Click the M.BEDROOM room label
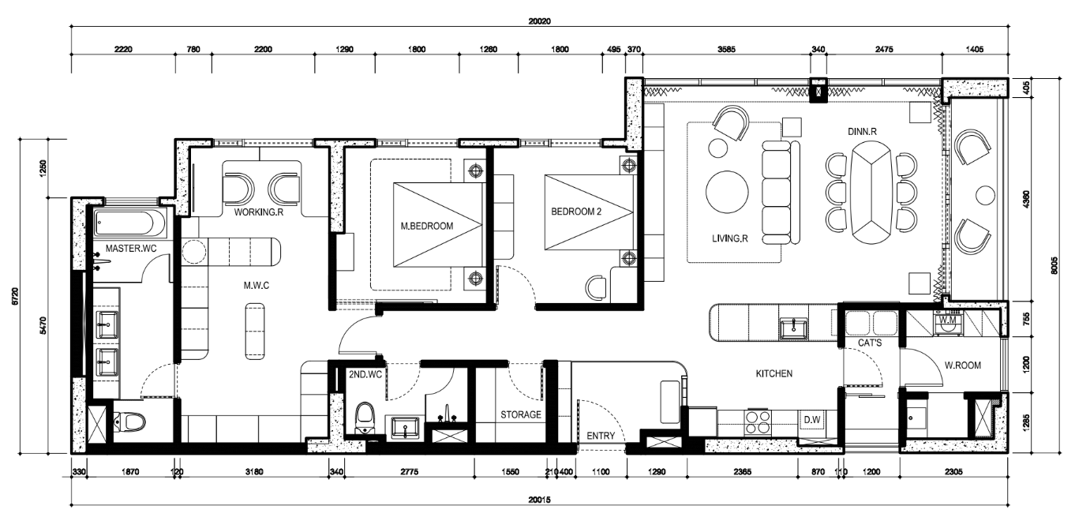click(427, 227)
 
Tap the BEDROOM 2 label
click(576, 212)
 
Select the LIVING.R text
click(729, 238)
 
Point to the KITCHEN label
click(774, 373)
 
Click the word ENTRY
click(601, 436)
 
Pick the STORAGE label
click(521, 415)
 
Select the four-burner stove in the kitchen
click(758, 422)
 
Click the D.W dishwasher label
click(812, 420)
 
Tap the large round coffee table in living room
click(727, 192)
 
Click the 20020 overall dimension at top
click(539, 21)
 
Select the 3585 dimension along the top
click(726, 50)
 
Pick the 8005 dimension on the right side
click(1063, 265)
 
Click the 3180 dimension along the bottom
click(254, 472)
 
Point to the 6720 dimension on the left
click(15, 296)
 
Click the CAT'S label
click(870, 343)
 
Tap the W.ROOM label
click(963, 365)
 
